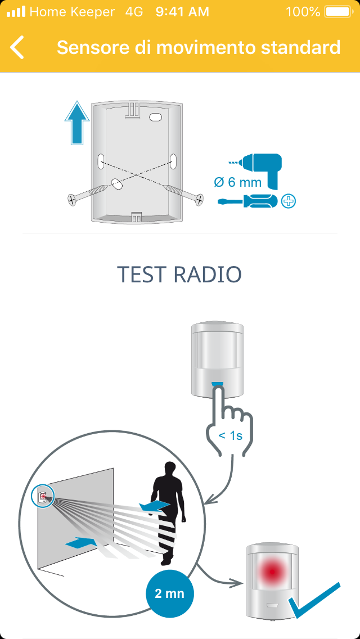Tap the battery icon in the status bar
coord(337,12)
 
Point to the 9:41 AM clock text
coord(182,12)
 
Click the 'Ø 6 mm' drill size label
coord(238,182)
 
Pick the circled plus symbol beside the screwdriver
coord(288,201)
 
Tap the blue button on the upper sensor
coord(218,385)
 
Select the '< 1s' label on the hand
coord(231,435)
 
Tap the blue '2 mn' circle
coord(169,593)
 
